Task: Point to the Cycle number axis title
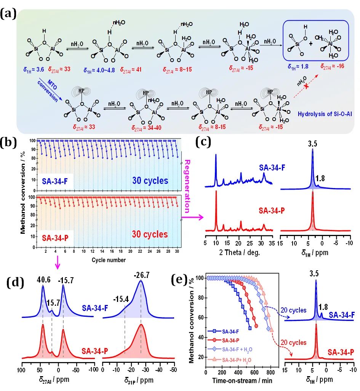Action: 109,260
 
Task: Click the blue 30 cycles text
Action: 150,180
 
